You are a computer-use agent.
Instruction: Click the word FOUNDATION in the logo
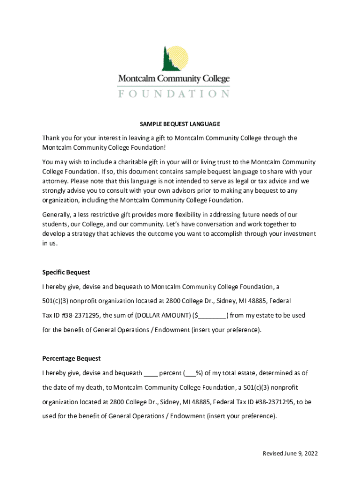[x=173, y=94]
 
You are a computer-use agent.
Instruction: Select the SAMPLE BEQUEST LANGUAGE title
[x=180, y=124]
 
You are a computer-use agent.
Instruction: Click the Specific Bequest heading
[x=66, y=272]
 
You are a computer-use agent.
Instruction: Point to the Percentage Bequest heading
[x=72, y=358]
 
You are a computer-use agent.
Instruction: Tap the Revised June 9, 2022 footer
[x=290, y=454]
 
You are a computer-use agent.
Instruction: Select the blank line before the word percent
[x=151, y=373]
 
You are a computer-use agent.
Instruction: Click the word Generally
[x=56, y=215]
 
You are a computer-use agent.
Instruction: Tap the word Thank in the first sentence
[x=51, y=138]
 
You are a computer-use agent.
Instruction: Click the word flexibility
[x=202, y=215]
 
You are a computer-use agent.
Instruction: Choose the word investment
[x=300, y=234]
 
